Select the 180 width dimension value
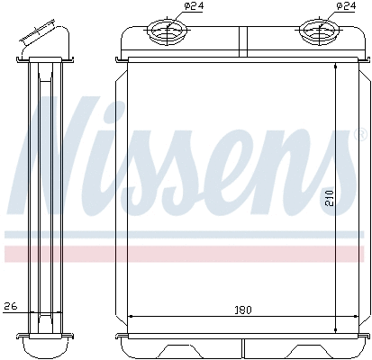(242, 310)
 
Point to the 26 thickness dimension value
(11, 306)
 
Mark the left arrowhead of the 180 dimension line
(133, 317)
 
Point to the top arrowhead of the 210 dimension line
(336, 67)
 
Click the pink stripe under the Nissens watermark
(180, 253)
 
